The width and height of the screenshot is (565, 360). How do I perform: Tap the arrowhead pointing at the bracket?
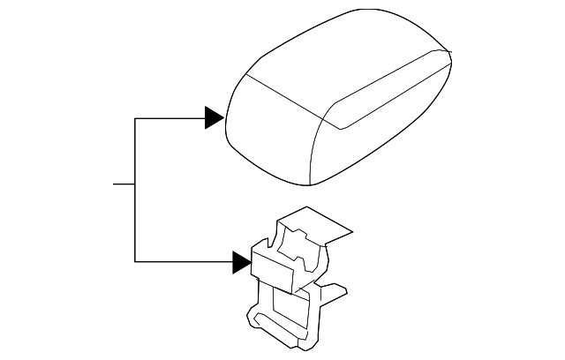pyautogui.click(x=242, y=262)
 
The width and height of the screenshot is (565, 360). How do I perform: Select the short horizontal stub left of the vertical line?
pyautogui.click(x=124, y=184)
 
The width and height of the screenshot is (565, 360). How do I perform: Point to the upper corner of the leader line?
pyautogui.click(x=134, y=117)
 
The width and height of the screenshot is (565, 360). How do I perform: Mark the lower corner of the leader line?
pyautogui.click(x=134, y=262)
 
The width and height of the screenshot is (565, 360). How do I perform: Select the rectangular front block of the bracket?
pyautogui.click(x=274, y=268)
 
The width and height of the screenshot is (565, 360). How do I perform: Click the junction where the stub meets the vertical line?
pyautogui.click(x=134, y=184)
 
